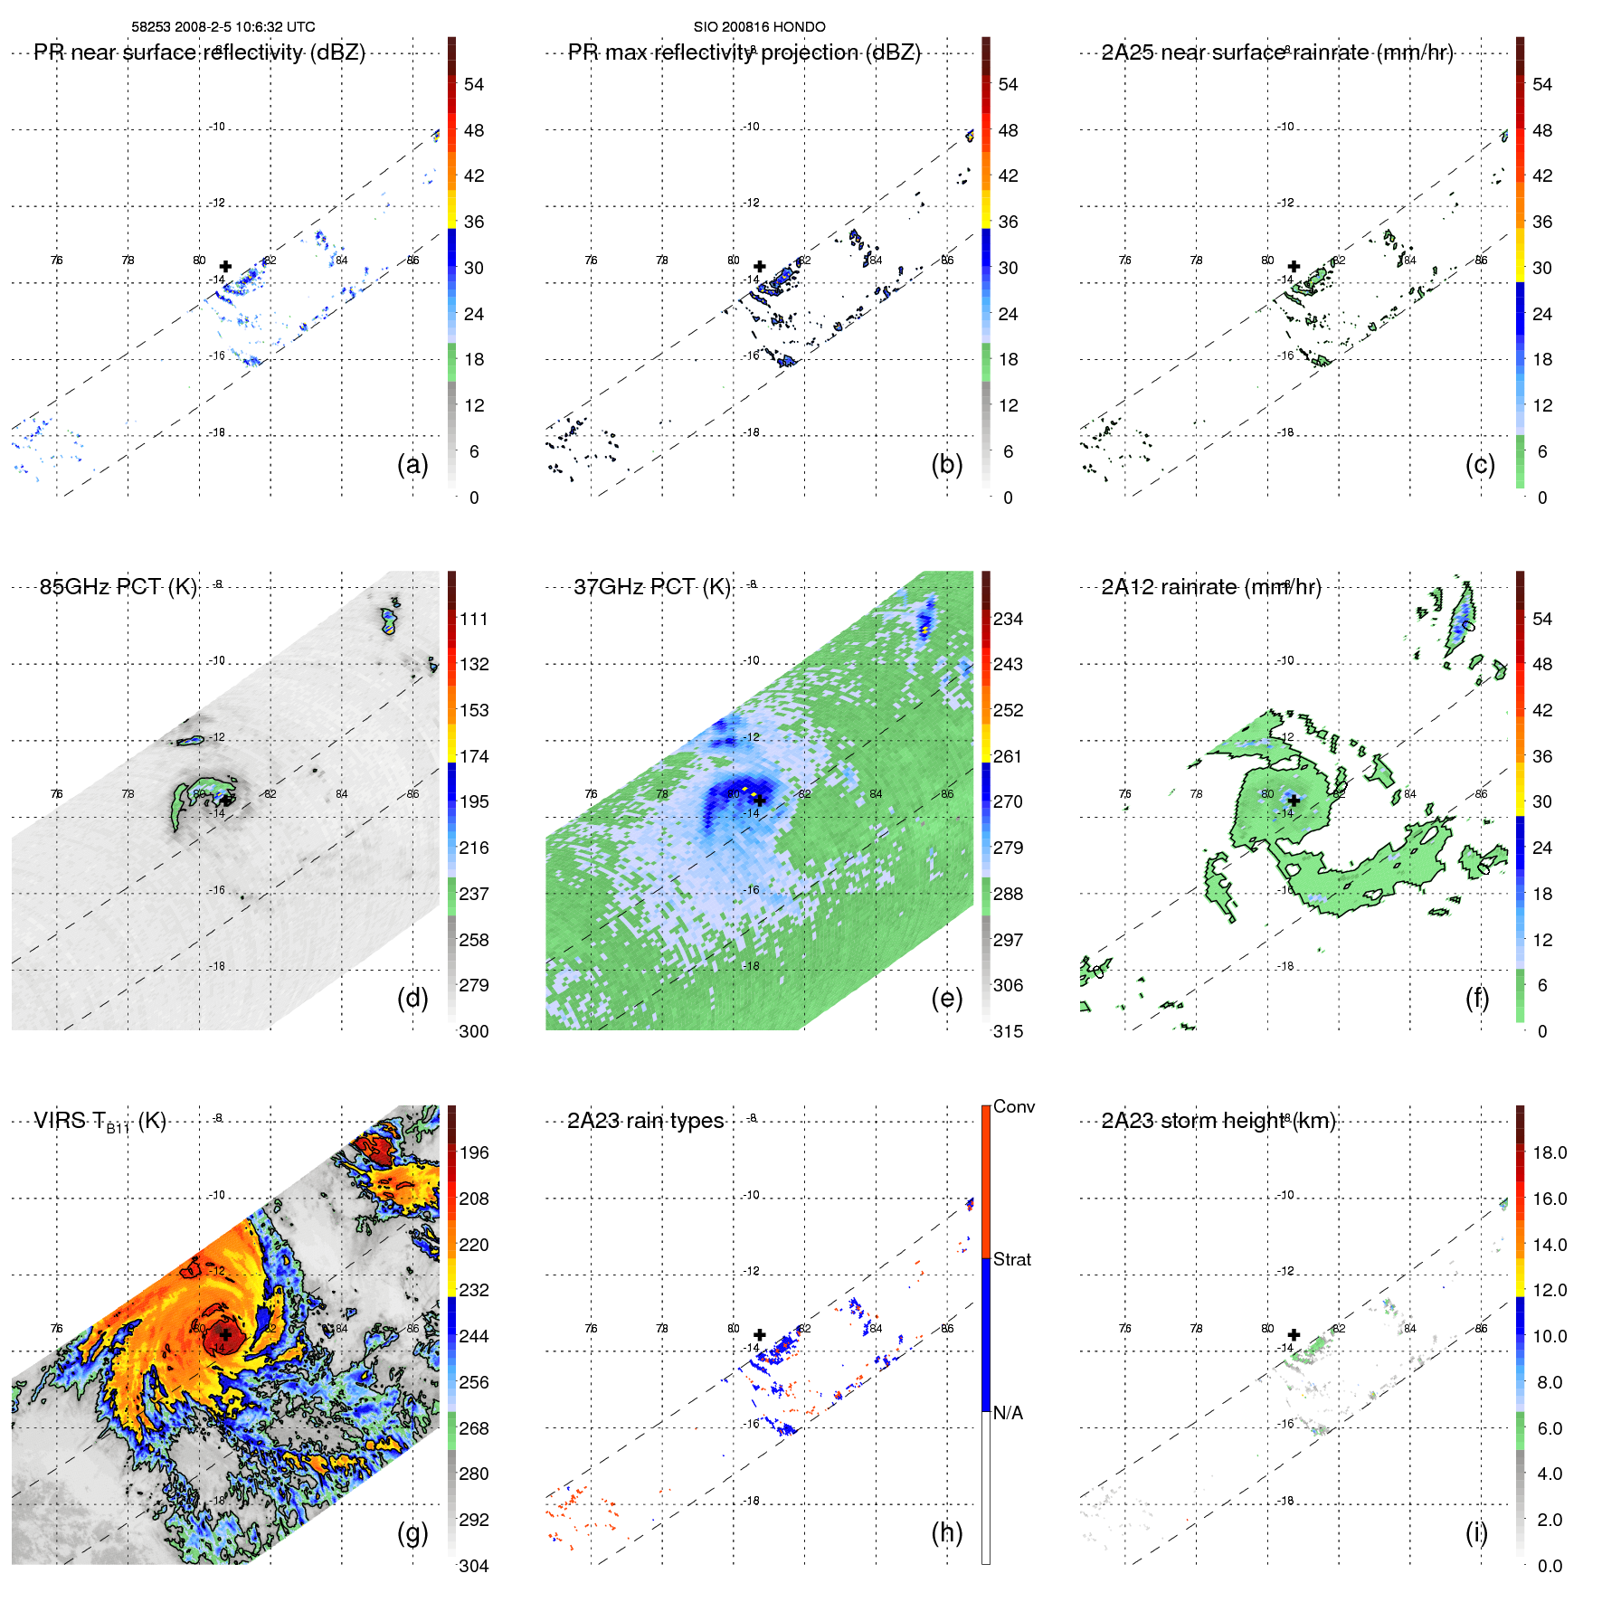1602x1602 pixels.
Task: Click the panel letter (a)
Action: [x=412, y=464]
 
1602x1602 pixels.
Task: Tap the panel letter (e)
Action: [x=946, y=998]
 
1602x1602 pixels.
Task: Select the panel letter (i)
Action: [x=1476, y=1532]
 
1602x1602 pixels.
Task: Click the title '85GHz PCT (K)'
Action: [x=118, y=586]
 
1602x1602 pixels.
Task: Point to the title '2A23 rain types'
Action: [x=645, y=1121]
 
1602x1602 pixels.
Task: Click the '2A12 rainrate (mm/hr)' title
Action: [x=1211, y=586]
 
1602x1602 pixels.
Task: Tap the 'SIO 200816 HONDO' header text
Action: [x=759, y=26]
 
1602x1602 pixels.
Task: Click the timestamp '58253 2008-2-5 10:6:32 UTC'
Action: [x=223, y=26]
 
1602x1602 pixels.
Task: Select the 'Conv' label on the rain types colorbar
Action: [x=1014, y=1106]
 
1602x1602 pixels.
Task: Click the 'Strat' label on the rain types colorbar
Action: [x=1012, y=1259]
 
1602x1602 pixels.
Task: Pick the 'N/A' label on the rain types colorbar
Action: [x=1008, y=1413]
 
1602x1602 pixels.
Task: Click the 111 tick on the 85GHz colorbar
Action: [x=474, y=619]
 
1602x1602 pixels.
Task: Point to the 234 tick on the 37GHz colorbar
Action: [x=1008, y=619]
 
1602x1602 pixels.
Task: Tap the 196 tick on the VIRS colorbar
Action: [x=474, y=1152]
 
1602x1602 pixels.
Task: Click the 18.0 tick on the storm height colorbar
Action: [x=1550, y=1152]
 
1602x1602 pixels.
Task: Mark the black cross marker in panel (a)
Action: [x=225, y=266]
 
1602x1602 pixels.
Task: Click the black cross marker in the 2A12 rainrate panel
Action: [x=1294, y=800]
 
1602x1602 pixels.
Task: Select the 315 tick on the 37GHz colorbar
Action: [x=1008, y=1031]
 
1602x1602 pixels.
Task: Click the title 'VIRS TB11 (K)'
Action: [x=100, y=1122]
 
